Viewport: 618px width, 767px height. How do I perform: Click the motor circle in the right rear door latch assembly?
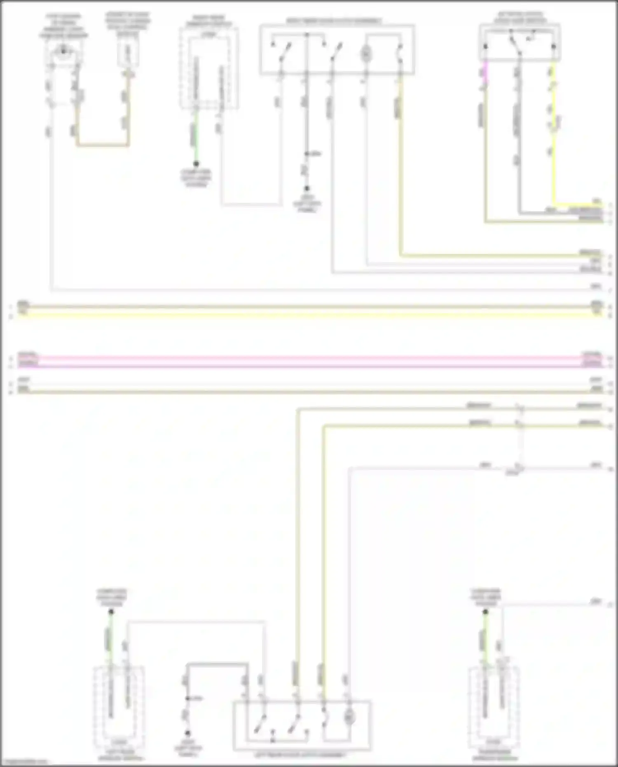click(x=366, y=54)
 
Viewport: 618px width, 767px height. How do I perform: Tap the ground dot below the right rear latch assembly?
click(x=307, y=189)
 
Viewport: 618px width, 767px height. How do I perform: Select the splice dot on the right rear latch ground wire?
click(x=307, y=154)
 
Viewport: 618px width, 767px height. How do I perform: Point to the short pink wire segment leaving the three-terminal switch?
click(x=485, y=72)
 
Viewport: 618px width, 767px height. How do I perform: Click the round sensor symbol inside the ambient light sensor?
click(x=63, y=50)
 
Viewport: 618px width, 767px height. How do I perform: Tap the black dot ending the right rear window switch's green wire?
click(x=196, y=164)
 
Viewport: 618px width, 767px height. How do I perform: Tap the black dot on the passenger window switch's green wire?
click(x=485, y=612)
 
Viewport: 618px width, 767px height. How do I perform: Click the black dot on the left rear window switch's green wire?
click(x=111, y=612)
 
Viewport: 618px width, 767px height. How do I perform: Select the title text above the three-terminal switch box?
click(x=520, y=17)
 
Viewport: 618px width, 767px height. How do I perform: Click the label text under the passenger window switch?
click(x=494, y=755)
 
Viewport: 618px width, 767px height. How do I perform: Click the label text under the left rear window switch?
click(x=120, y=755)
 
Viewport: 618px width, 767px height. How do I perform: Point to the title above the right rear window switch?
click(x=208, y=21)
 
